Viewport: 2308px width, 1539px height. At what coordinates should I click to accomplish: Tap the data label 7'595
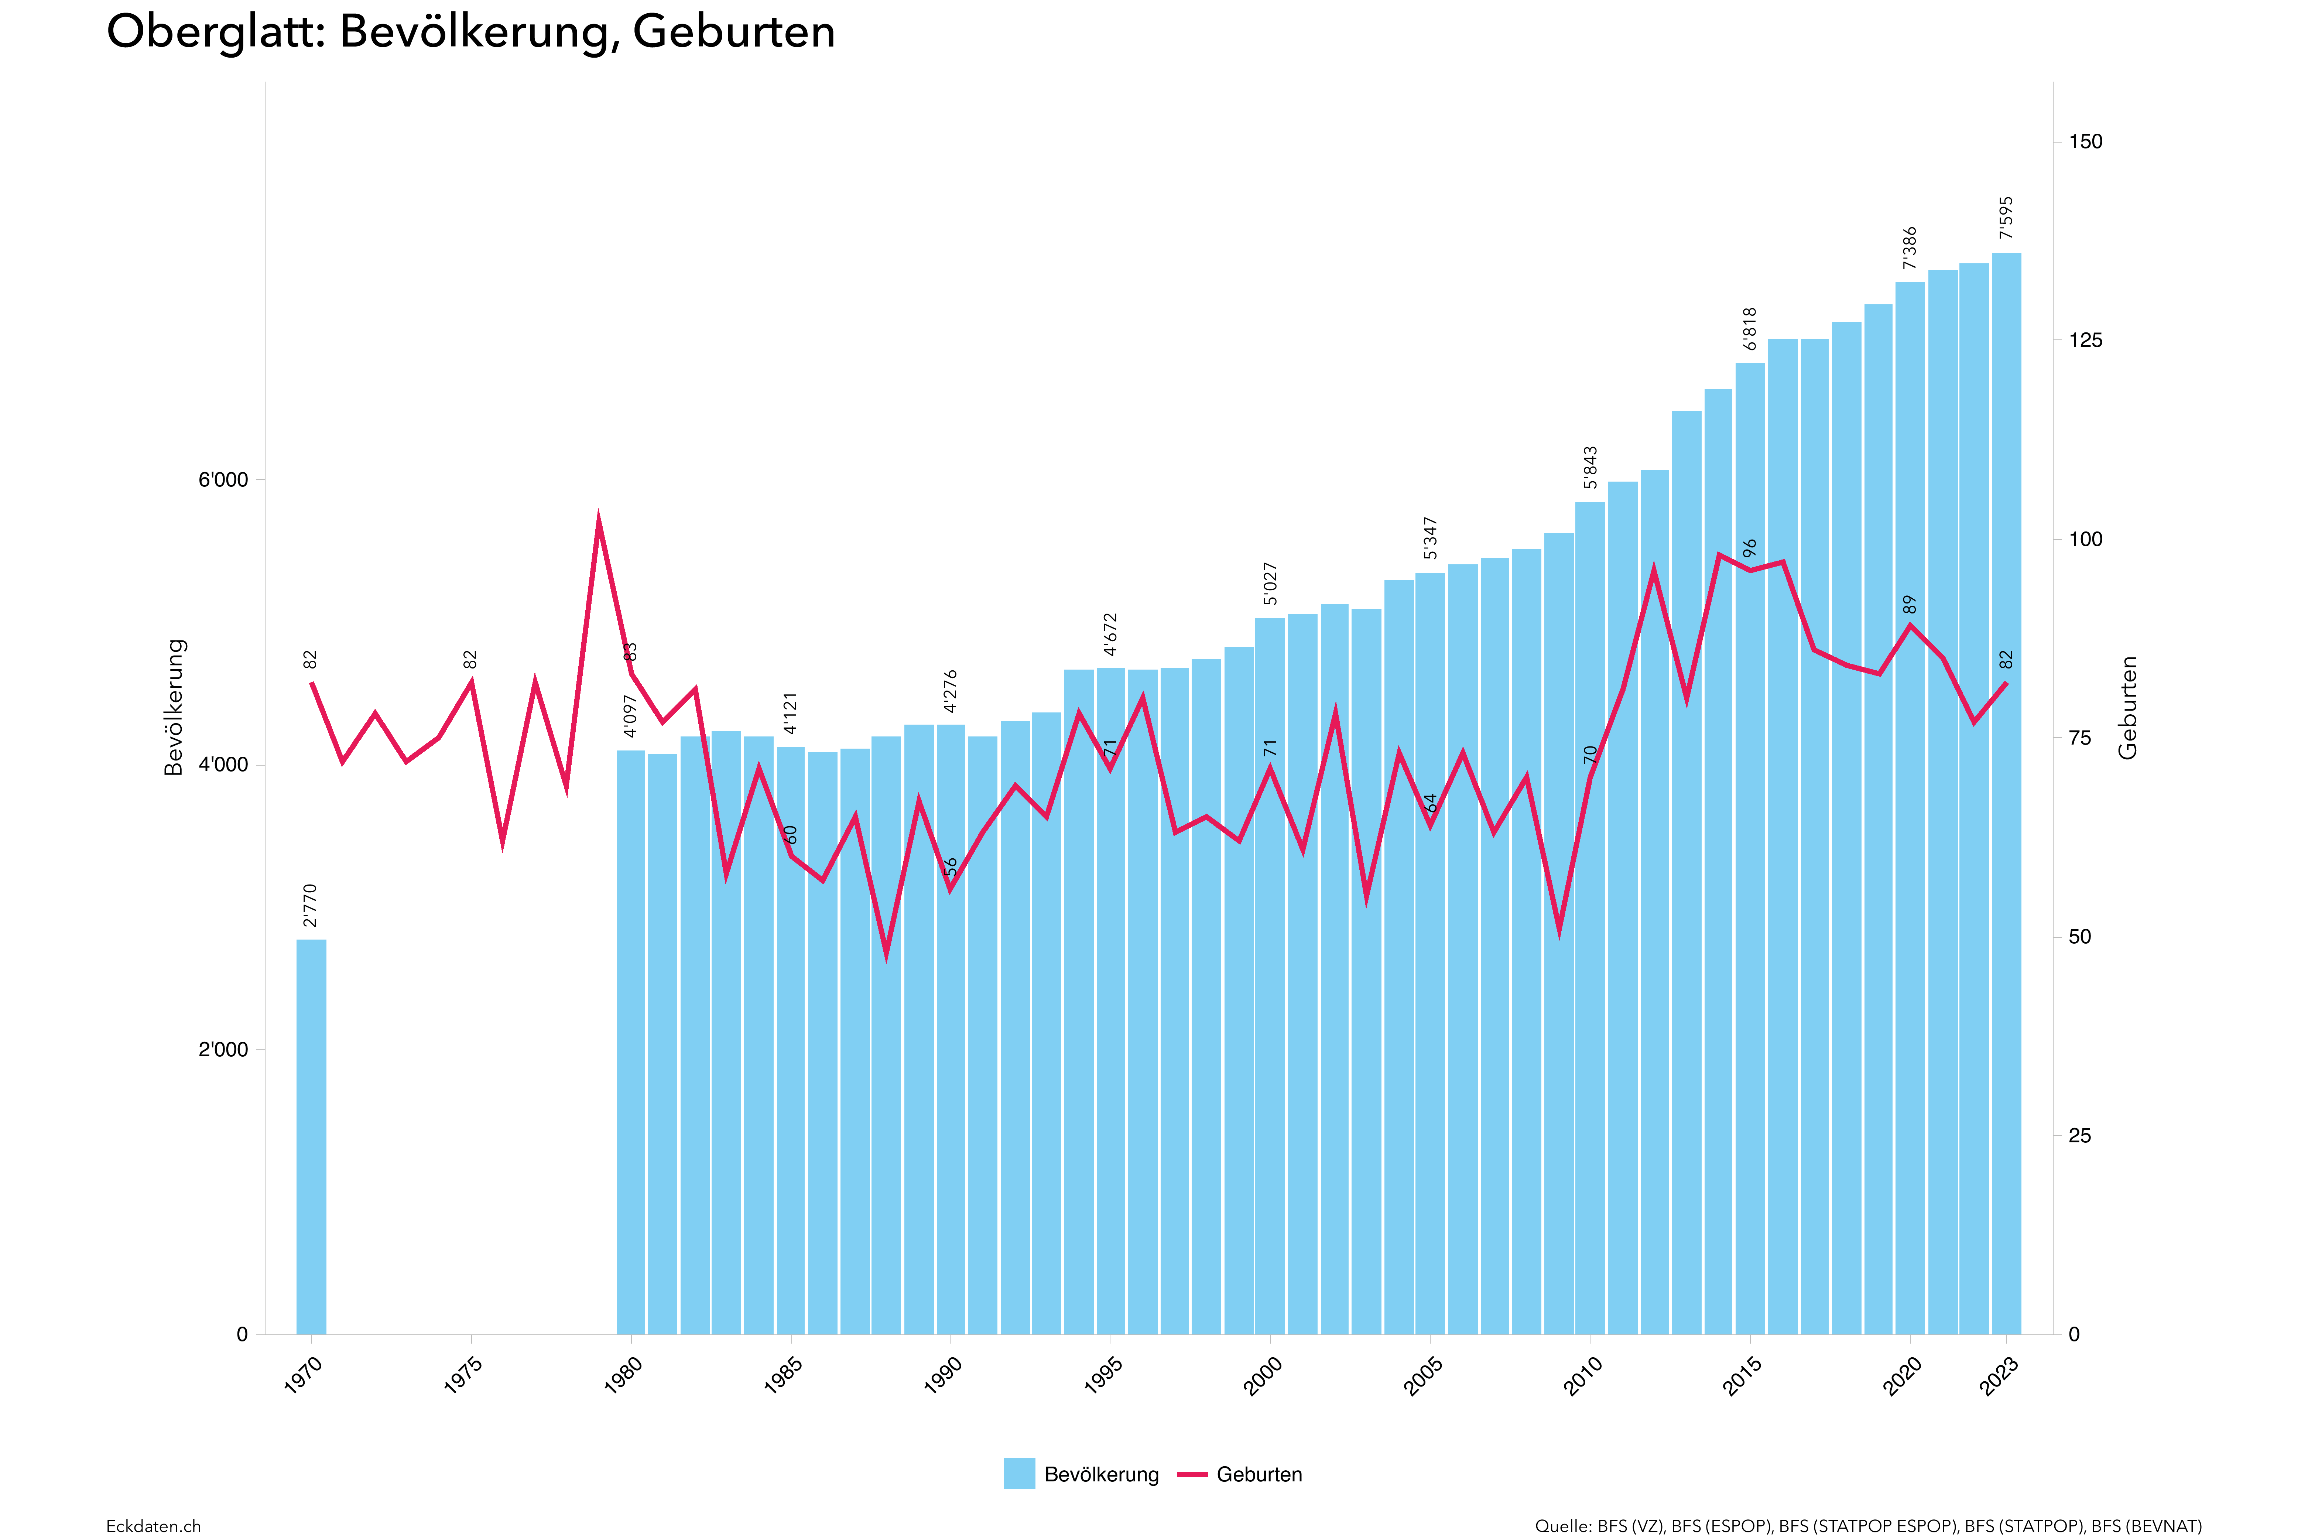click(x=2006, y=218)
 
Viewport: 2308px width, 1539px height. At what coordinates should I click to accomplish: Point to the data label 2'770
click(x=310, y=905)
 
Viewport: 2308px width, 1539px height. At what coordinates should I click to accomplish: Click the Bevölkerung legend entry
click(x=1081, y=1474)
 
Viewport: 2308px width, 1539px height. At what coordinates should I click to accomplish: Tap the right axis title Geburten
click(x=2127, y=707)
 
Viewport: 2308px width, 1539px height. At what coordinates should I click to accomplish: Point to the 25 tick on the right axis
click(x=2079, y=1136)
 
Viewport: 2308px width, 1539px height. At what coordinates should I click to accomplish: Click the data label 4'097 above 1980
click(x=630, y=715)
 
